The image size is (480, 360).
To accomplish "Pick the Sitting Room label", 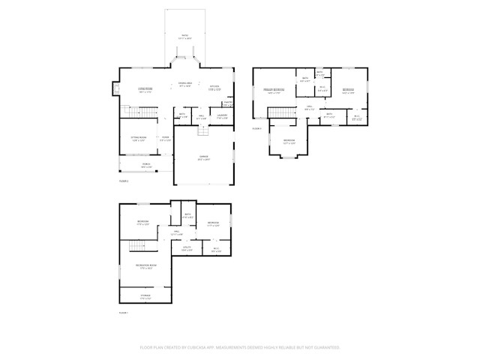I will [138, 139].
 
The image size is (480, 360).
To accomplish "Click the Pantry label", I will [227, 103].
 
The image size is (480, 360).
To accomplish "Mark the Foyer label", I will [165, 139].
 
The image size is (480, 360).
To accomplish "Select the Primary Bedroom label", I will [273, 91].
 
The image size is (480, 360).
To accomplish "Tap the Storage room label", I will [145, 295].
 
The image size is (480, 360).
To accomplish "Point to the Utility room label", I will [187, 248].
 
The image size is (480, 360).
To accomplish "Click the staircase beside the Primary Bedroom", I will [278, 112].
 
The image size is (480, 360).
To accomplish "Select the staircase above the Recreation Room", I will [136, 247].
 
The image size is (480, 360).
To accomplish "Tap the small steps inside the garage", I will [201, 130].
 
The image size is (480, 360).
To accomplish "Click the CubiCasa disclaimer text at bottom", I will [240, 347].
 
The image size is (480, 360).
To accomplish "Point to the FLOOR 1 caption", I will [124, 312].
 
